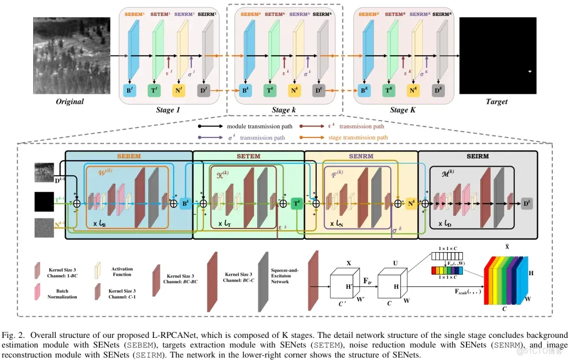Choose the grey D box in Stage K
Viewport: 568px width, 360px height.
[x=437, y=91]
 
